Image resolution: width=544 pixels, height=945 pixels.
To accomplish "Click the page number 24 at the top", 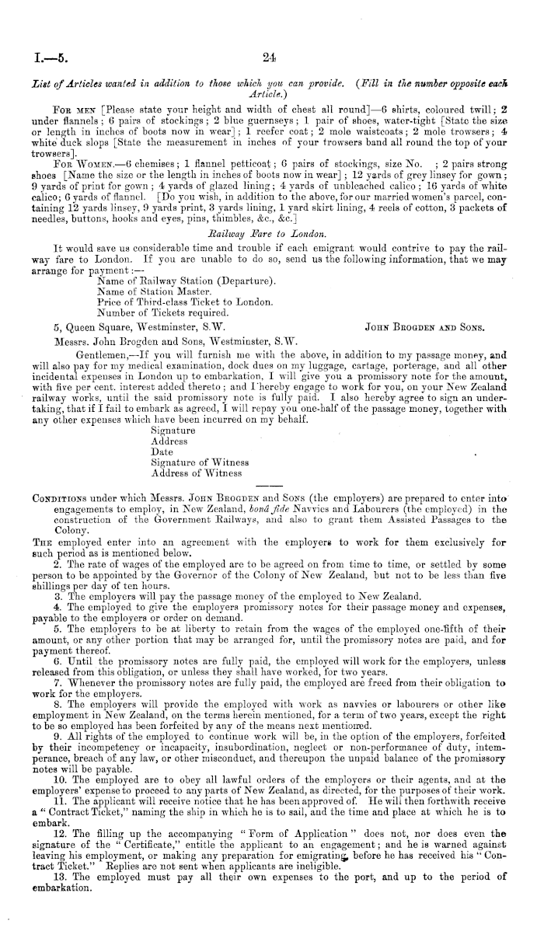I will click(270, 55).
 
